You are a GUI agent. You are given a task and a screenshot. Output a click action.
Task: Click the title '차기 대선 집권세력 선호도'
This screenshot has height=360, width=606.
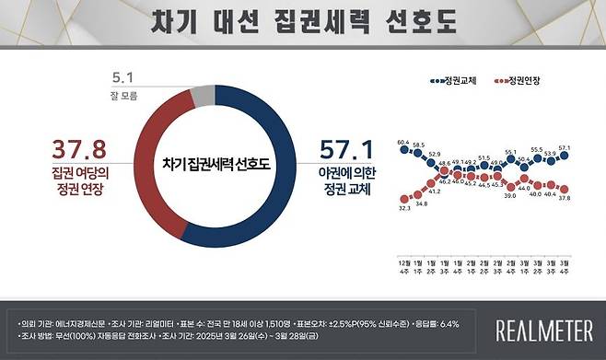(303, 22)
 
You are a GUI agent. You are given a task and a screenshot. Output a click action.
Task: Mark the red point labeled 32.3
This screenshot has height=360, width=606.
(403, 199)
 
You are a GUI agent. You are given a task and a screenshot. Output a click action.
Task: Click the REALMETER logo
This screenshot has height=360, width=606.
(543, 329)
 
